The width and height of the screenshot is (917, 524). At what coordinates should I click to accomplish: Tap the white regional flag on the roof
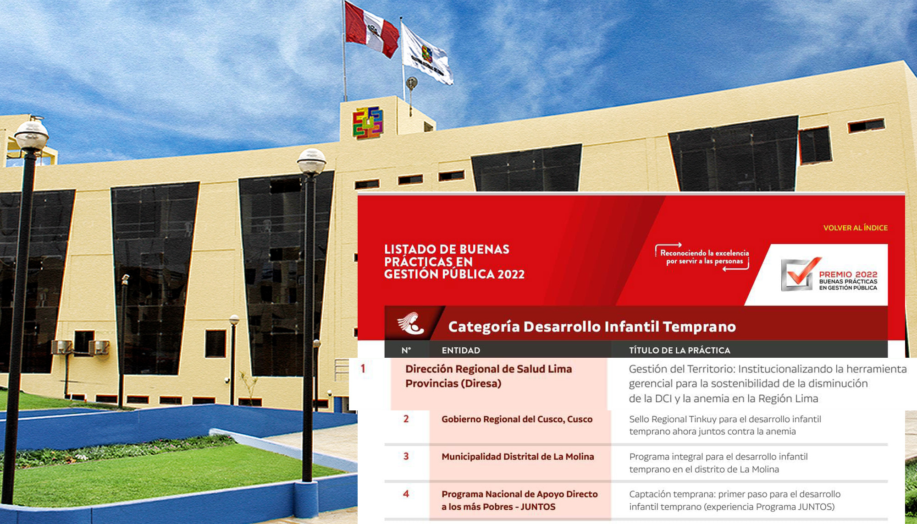pyautogui.click(x=426, y=54)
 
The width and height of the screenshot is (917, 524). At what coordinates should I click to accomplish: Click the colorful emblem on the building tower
pyautogui.click(x=368, y=122)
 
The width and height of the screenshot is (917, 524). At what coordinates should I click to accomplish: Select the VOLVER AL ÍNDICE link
pyautogui.click(x=855, y=228)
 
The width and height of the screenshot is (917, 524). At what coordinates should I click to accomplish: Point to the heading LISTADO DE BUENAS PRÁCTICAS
pyautogui.click(x=454, y=262)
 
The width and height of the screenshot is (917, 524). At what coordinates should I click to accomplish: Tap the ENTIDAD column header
pyautogui.click(x=461, y=350)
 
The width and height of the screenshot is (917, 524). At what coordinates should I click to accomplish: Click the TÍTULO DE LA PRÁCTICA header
pyautogui.click(x=679, y=350)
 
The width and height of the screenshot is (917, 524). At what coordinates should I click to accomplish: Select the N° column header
pyautogui.click(x=406, y=350)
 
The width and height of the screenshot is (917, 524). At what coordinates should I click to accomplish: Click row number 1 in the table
pyautogui.click(x=363, y=368)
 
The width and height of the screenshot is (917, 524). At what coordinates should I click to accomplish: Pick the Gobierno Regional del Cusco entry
pyautogui.click(x=517, y=419)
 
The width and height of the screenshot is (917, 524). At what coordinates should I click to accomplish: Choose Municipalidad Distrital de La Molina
pyautogui.click(x=518, y=457)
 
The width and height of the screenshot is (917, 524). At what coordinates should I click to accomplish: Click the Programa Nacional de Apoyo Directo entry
pyautogui.click(x=519, y=500)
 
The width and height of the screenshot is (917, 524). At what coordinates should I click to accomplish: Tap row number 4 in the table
pyautogui.click(x=406, y=494)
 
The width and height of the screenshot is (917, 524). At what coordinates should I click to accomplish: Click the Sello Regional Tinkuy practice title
pyautogui.click(x=725, y=425)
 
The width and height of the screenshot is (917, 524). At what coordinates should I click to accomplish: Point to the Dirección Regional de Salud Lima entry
pyautogui.click(x=488, y=376)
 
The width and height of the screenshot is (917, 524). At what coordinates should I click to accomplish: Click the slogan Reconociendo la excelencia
pyautogui.click(x=704, y=257)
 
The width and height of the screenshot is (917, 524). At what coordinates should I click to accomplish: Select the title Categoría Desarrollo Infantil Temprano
pyautogui.click(x=592, y=327)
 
